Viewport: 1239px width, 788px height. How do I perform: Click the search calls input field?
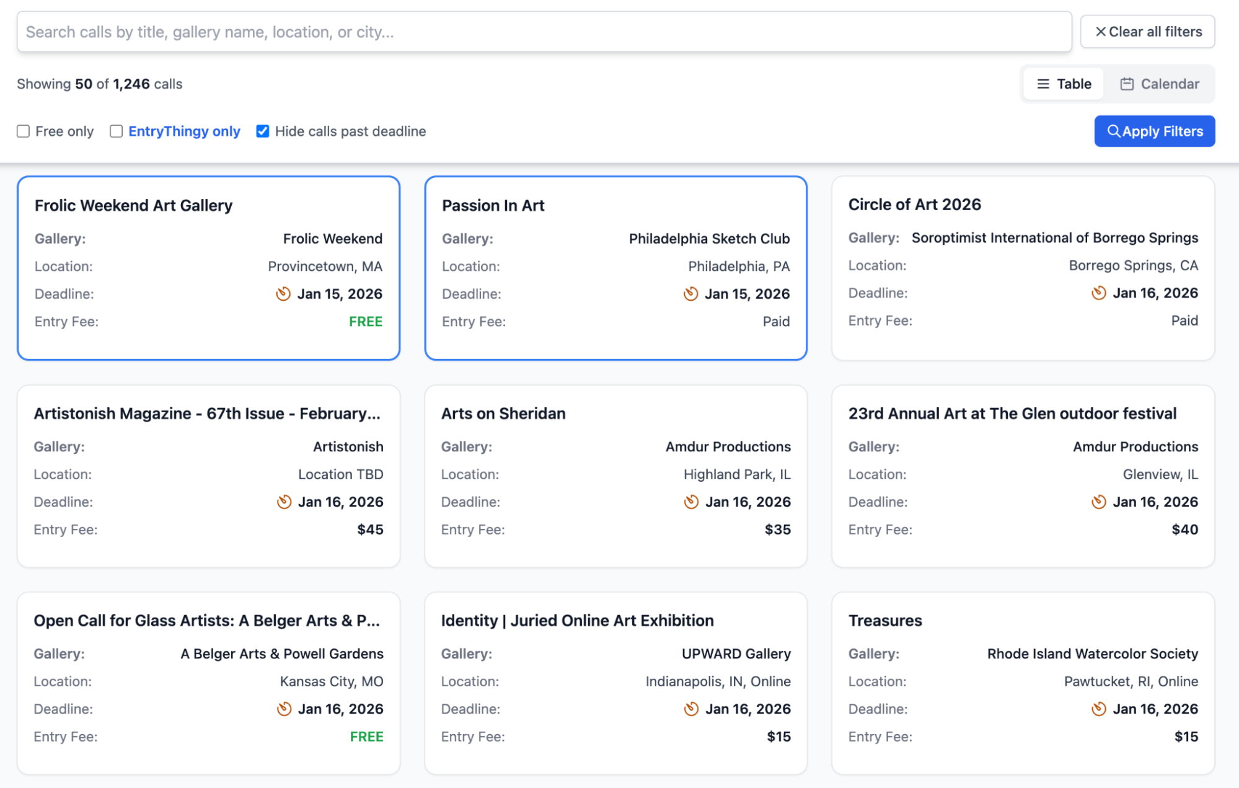(x=544, y=32)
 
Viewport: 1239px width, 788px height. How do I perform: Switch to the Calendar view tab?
(x=1160, y=84)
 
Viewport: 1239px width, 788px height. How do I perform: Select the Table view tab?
(x=1064, y=84)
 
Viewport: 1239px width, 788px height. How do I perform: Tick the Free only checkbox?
(x=24, y=131)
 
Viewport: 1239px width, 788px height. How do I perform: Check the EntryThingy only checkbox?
(x=116, y=131)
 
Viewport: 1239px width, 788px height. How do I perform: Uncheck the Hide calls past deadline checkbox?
(x=263, y=131)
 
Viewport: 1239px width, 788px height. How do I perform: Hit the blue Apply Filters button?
(x=1154, y=131)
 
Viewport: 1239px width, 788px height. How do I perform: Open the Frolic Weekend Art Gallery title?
(x=133, y=205)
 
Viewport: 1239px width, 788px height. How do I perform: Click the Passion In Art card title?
(x=493, y=205)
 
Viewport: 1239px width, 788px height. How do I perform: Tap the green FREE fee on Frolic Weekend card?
(x=365, y=321)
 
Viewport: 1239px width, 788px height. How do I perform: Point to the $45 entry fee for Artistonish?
(x=370, y=529)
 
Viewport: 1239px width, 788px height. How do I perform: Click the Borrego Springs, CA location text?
(x=1133, y=265)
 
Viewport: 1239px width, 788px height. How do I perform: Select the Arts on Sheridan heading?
(x=503, y=414)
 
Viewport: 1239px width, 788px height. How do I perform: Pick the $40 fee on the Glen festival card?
(x=1184, y=529)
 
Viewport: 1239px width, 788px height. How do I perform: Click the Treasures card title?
(x=884, y=621)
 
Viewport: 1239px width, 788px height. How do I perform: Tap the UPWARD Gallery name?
(x=736, y=653)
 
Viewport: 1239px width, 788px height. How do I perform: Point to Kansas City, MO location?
(x=331, y=681)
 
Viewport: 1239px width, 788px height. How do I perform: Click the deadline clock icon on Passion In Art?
(x=690, y=294)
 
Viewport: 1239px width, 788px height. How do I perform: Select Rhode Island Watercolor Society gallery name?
(x=1092, y=653)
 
